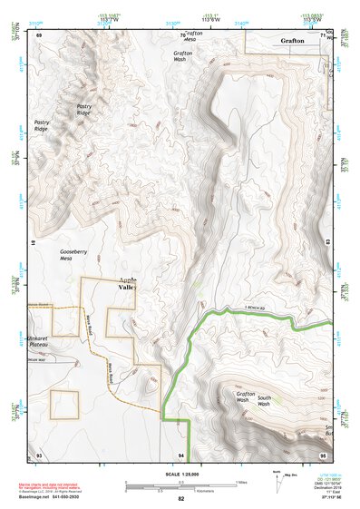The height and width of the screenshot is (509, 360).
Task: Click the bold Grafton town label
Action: tap(292, 41)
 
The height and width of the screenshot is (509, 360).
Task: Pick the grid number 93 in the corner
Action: tap(39, 454)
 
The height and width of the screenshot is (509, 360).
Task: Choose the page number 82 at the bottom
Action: tap(180, 499)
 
